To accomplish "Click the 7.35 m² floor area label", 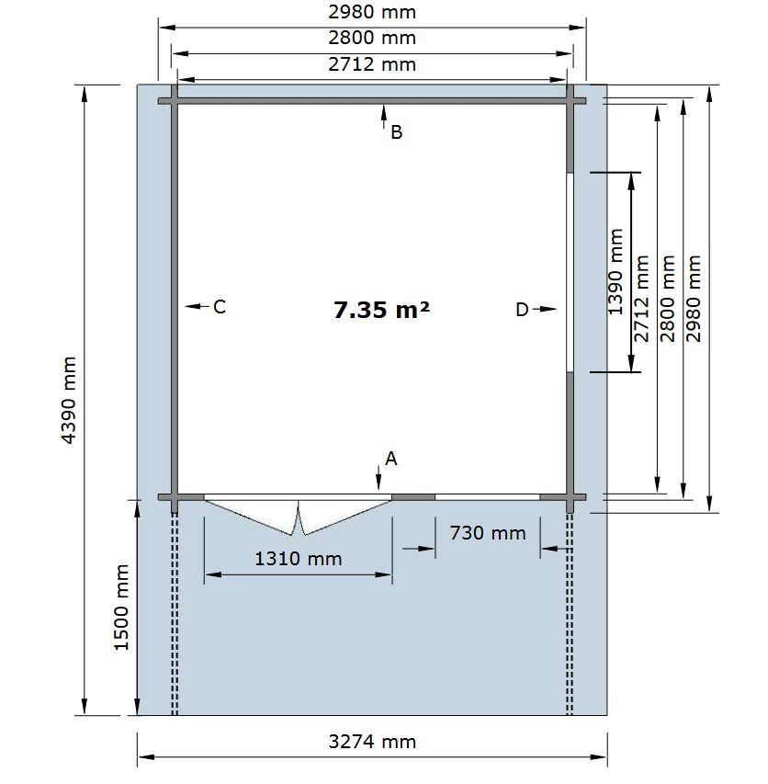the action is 381,310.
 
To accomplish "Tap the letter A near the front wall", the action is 390,459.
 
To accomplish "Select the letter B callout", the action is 396,132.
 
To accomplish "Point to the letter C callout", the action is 220,306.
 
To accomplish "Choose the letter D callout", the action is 522,310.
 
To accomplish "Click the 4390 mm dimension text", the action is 69,400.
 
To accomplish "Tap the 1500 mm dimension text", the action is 121,608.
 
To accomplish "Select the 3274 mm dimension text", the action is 372,742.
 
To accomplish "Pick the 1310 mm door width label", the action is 299,559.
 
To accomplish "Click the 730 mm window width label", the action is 488,532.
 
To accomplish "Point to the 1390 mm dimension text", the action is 616,272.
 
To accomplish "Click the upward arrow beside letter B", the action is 384,118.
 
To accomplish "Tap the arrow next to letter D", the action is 545,309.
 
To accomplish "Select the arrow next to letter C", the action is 197,306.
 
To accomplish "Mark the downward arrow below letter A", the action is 378,478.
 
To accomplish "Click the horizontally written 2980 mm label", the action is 372,12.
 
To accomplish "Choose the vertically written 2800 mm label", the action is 668,299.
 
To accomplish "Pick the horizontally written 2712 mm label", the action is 372,64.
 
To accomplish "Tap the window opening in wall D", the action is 570,272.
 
